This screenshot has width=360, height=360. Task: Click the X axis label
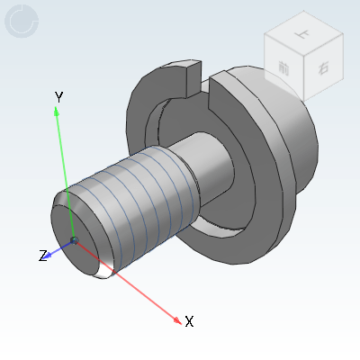click(x=189, y=321)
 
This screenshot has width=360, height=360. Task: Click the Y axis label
click(x=58, y=96)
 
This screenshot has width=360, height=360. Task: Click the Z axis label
click(x=42, y=256)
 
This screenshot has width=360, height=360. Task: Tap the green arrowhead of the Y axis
click(x=58, y=111)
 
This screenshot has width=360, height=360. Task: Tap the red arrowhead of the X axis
click(x=176, y=316)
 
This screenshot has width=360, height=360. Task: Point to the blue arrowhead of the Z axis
click(x=50, y=254)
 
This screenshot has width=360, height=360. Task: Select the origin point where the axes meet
click(x=74, y=240)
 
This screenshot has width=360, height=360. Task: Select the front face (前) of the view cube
click(x=284, y=70)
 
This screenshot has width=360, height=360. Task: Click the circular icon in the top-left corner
click(x=22, y=22)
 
